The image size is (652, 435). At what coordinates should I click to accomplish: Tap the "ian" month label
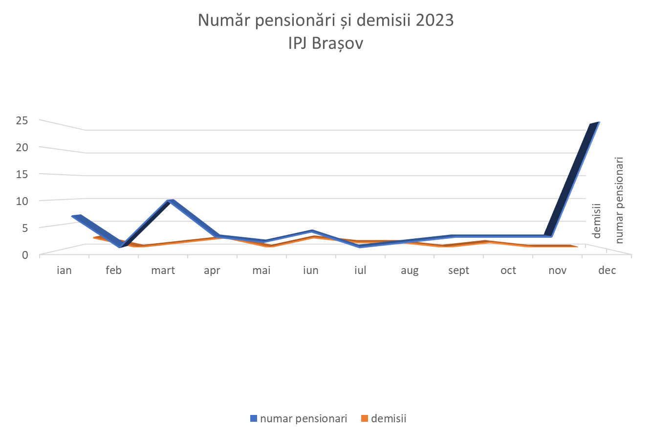click(x=64, y=270)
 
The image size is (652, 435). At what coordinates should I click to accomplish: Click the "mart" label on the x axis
click(x=163, y=270)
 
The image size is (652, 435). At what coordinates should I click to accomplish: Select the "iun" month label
click(x=310, y=270)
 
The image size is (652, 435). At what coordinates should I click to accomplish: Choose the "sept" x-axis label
click(x=458, y=270)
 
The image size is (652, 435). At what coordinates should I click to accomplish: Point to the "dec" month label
click(x=607, y=270)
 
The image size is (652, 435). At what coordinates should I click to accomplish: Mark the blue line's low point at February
click(x=120, y=246)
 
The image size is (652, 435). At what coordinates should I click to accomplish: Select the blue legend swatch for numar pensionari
click(x=253, y=418)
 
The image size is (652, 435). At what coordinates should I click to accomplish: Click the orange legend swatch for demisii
click(x=364, y=418)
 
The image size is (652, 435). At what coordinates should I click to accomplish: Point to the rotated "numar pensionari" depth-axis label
click(x=620, y=200)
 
